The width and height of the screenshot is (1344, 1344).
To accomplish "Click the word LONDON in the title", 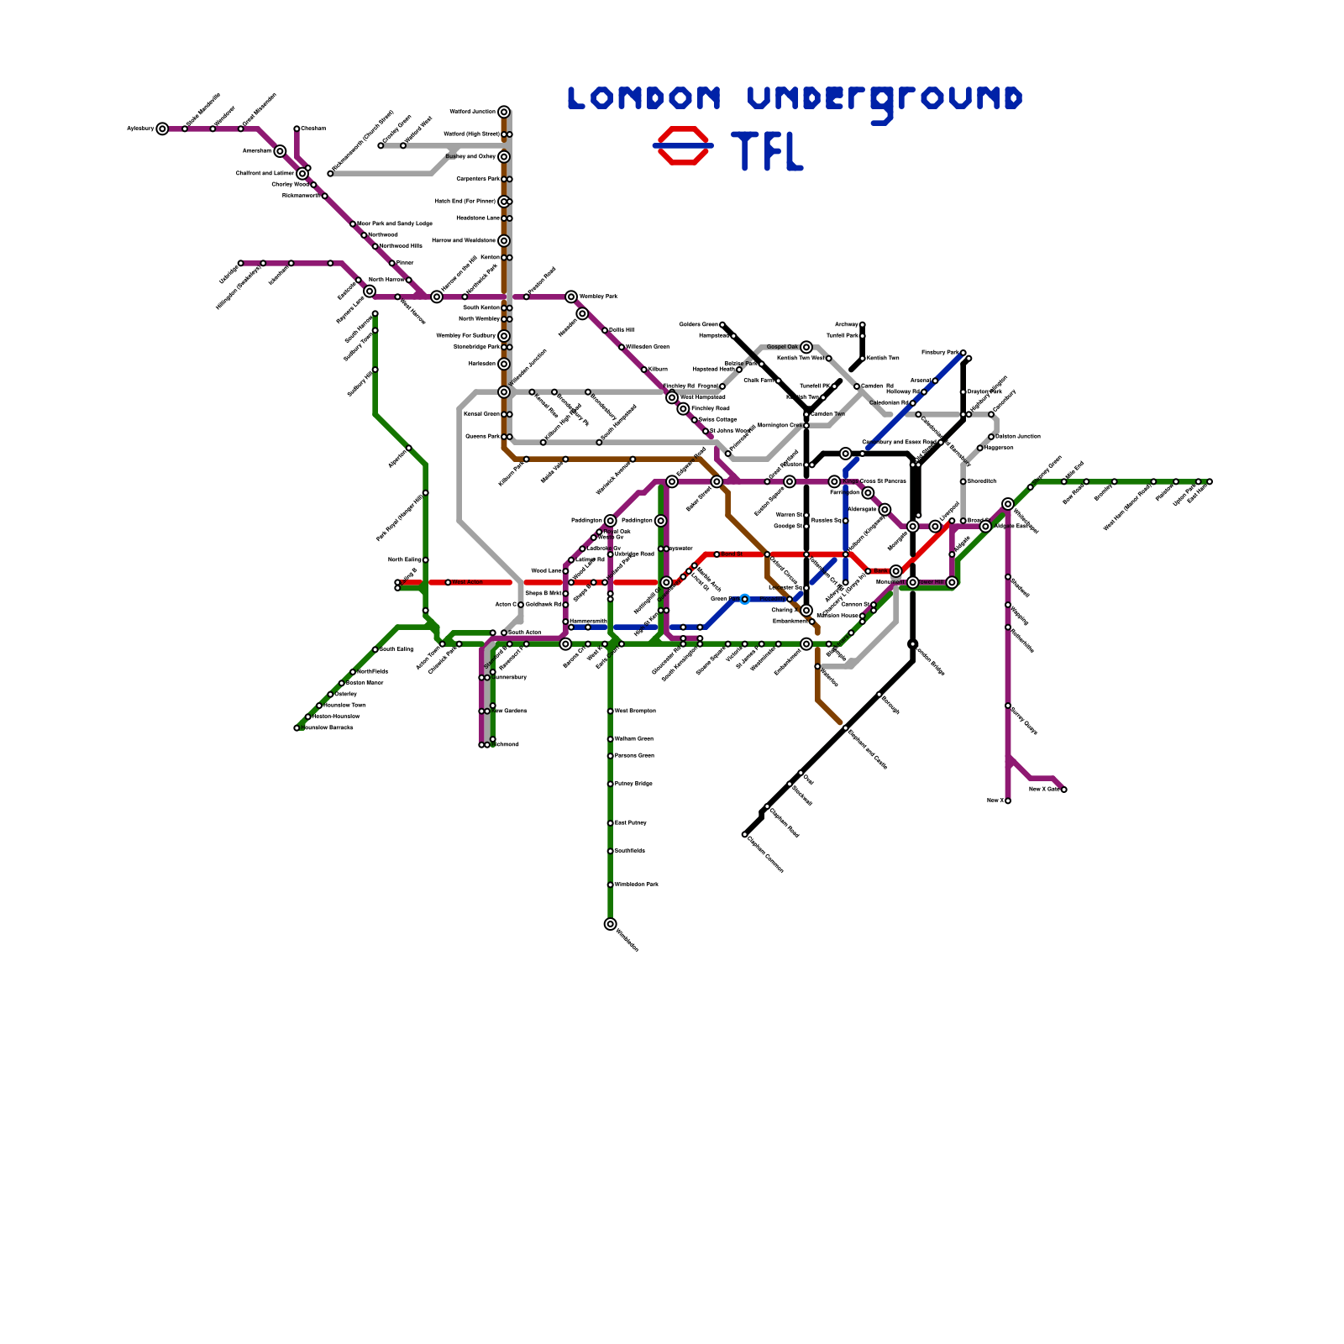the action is point(644,98).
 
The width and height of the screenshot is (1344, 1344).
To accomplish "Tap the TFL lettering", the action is point(768,151).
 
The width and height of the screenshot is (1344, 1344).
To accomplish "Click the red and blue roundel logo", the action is point(683,145).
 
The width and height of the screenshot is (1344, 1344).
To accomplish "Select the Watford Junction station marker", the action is point(504,112).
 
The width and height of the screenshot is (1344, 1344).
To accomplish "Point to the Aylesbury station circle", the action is point(162,129).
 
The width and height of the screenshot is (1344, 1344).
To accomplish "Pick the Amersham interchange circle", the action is point(281,151).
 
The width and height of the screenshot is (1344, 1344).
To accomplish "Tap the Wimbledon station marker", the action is point(611,924).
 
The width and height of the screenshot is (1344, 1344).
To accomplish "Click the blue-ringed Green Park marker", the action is point(745,599).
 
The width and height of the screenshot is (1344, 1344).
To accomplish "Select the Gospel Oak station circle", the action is point(806,347).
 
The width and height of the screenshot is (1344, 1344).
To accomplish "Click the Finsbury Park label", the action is point(940,353).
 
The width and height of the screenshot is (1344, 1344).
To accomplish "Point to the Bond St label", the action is point(732,554).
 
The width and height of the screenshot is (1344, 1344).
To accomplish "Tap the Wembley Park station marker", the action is point(571,297).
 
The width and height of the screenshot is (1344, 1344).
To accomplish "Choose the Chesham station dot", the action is point(297,129).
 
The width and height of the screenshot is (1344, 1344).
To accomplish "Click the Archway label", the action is point(847,325).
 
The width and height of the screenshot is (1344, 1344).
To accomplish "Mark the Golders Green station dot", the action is point(722,325).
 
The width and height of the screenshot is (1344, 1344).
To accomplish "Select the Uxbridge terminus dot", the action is point(241,263).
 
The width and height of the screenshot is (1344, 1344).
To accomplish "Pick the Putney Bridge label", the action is point(633,784).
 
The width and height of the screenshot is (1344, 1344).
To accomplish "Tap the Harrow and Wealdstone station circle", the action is point(504,241).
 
